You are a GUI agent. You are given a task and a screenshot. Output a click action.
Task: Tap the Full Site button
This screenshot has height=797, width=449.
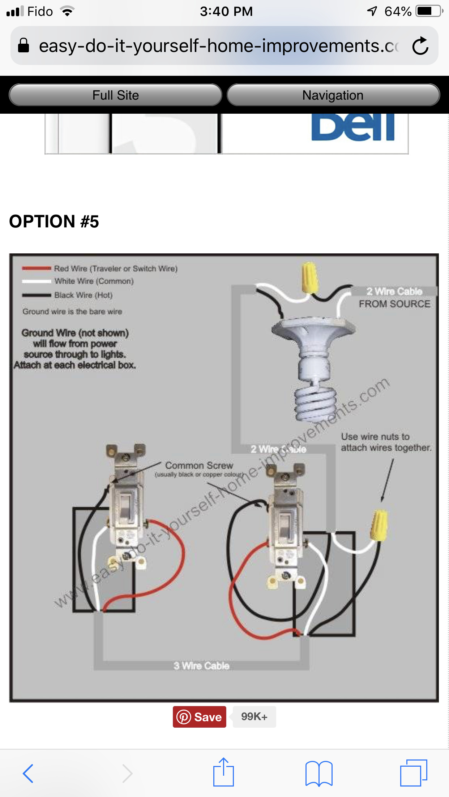(115, 95)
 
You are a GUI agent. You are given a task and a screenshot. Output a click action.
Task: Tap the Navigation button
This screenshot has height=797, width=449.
(333, 95)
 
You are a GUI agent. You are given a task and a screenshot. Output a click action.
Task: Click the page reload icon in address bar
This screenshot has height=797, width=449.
(420, 46)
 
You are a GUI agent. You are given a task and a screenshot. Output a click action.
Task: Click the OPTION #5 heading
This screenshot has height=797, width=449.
(54, 221)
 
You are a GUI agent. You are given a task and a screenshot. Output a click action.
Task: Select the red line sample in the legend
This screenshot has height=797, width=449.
(36, 268)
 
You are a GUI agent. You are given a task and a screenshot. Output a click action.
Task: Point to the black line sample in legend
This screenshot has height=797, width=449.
(36, 295)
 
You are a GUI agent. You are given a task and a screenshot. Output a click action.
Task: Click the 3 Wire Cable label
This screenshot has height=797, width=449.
(201, 666)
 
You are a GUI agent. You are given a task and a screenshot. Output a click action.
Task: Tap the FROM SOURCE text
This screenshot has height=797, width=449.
(394, 304)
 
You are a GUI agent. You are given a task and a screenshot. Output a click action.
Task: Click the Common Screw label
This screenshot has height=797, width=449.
(199, 466)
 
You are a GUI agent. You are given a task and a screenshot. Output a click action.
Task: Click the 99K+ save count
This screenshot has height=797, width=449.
(254, 717)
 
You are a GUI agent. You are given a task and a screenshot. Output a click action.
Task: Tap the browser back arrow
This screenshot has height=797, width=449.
(28, 773)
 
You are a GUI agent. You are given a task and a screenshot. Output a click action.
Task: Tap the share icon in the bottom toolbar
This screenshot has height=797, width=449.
(223, 772)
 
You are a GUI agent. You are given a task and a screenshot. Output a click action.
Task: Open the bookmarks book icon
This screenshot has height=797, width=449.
(318, 773)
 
